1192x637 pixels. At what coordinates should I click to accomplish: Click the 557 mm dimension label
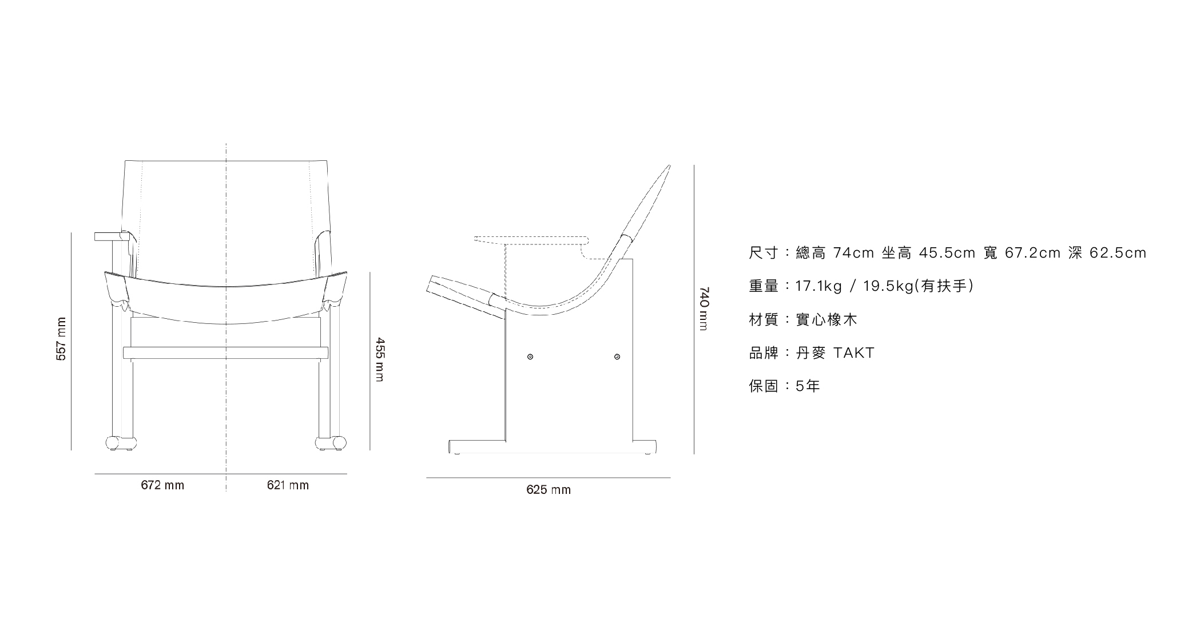(x=61, y=339)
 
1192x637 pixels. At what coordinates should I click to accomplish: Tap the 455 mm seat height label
(x=380, y=359)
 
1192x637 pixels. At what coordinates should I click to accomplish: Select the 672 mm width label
(x=162, y=485)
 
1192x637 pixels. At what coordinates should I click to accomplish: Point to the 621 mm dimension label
(x=288, y=485)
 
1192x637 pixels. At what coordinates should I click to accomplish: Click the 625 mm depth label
(x=549, y=490)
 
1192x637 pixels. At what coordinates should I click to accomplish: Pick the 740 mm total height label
(x=704, y=308)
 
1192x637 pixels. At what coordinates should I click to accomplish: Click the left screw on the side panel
(x=530, y=357)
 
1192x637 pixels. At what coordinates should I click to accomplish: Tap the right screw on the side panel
(x=617, y=357)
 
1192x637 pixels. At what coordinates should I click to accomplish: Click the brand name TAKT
(x=854, y=353)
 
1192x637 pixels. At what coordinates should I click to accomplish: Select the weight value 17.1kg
(x=818, y=286)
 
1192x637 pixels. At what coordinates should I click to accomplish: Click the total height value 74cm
(x=853, y=253)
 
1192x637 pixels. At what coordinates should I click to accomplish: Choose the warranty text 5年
(x=808, y=386)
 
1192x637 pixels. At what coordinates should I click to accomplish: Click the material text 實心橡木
(x=827, y=320)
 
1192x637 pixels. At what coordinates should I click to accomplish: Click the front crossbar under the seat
(x=226, y=353)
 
